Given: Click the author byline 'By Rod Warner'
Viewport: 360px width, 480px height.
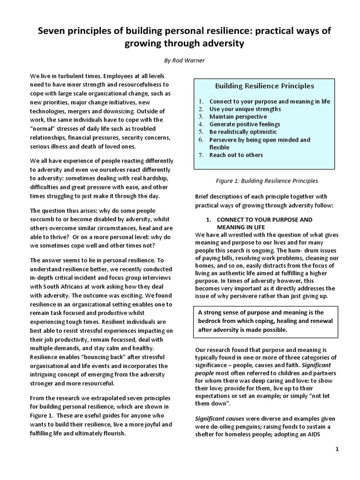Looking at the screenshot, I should point(180,60).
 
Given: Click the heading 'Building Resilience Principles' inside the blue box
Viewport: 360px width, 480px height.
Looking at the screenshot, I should point(264,86).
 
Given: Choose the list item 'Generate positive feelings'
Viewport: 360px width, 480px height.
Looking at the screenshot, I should point(245,124).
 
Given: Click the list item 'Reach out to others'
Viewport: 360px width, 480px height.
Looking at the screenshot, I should point(236,155).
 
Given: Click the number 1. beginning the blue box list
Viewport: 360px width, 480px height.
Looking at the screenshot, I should point(200,101).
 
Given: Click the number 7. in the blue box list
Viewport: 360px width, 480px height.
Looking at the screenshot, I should point(200,155).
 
